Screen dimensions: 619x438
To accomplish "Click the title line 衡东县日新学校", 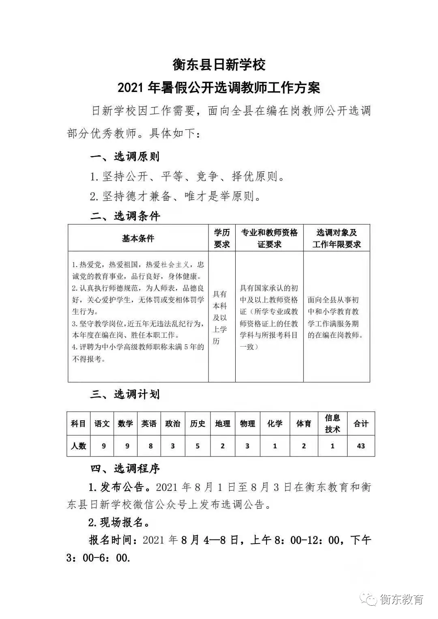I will click(x=219, y=64).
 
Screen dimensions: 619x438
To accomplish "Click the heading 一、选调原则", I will click(x=125, y=156).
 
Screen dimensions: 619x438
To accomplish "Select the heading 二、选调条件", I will click(x=125, y=216).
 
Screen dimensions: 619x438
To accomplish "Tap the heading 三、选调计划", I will click(x=125, y=394).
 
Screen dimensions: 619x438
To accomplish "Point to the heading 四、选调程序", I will click(x=125, y=469).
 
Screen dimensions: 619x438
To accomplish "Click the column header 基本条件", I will click(x=138, y=238).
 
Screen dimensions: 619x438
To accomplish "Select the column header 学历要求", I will click(x=222, y=238).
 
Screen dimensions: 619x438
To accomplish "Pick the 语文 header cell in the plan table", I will click(x=102, y=424).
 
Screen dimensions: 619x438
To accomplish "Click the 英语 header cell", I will click(x=149, y=424).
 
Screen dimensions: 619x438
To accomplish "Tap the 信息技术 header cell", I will click(x=333, y=424).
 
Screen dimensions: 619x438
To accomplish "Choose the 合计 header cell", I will click(x=361, y=424).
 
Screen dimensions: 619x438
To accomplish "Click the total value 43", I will click(x=361, y=446).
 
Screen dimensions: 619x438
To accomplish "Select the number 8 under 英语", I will click(x=150, y=446).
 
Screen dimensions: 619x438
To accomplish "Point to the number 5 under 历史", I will click(x=198, y=446).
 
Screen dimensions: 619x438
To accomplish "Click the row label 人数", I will click(x=79, y=446).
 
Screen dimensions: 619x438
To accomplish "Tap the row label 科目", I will click(x=79, y=424).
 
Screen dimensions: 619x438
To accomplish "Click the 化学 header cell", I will click(x=275, y=424).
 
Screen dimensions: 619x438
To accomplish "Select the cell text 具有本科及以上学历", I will click(x=220, y=317).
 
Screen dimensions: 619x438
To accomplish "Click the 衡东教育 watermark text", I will click(x=401, y=599).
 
